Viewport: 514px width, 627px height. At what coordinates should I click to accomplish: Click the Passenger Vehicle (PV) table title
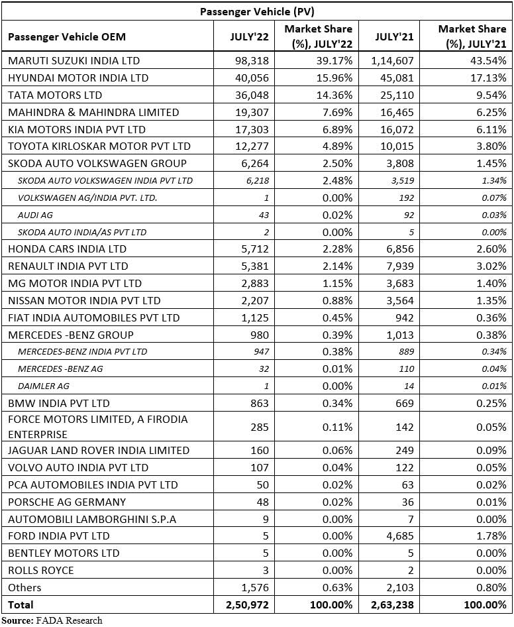pyautogui.click(x=257, y=11)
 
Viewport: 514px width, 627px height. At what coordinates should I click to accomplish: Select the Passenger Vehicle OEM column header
pyautogui.click(x=67, y=37)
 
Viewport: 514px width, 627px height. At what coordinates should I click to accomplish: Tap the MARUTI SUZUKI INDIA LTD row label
pyautogui.click(x=74, y=60)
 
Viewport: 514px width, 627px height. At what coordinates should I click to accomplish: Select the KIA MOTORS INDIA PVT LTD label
pyautogui.click(x=76, y=129)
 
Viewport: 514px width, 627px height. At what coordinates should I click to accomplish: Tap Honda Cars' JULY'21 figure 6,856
pyautogui.click(x=400, y=249)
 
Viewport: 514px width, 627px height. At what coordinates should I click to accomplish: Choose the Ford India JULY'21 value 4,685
pyautogui.click(x=400, y=536)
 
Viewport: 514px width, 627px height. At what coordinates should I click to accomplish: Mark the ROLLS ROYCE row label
pyautogui.click(x=40, y=570)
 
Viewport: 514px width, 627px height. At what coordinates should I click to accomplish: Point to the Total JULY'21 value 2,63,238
pyautogui.click(x=392, y=604)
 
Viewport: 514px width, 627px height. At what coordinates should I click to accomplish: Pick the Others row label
pyautogui.click(x=25, y=587)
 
